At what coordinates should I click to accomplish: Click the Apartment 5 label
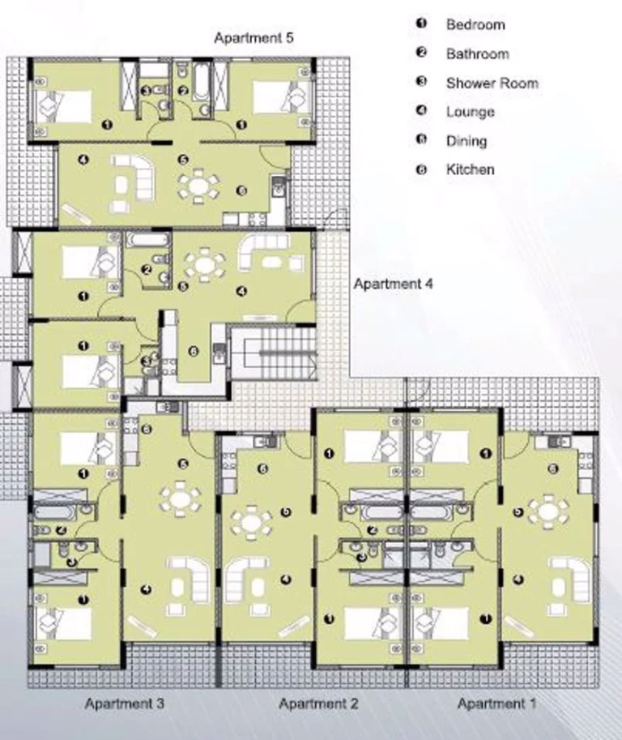click(253, 37)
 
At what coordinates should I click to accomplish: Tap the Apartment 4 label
click(394, 284)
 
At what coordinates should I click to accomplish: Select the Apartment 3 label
click(125, 704)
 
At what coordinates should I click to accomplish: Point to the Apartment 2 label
click(318, 704)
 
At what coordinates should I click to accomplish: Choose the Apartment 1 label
click(496, 704)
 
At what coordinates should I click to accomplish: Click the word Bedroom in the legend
click(475, 24)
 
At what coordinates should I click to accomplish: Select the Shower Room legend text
click(492, 83)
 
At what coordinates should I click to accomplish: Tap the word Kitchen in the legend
click(471, 169)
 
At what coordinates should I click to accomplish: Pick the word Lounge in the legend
click(471, 113)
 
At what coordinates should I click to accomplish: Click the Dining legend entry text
click(466, 141)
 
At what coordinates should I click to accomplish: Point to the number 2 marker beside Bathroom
click(421, 53)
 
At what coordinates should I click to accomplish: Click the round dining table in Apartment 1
click(548, 511)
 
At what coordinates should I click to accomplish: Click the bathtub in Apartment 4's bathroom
click(148, 240)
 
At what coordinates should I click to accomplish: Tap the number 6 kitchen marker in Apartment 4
click(193, 352)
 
